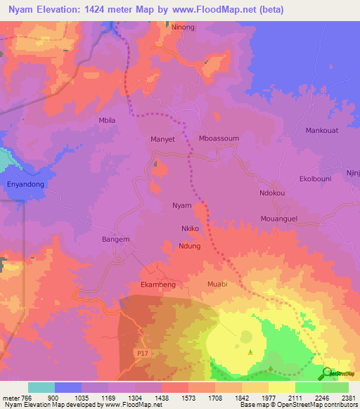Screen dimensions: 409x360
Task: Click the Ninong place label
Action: coord(183,27)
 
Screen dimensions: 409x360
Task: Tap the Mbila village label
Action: coord(107,120)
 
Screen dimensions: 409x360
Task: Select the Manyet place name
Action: coord(162,139)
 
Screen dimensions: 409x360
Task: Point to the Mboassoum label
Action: coord(219,138)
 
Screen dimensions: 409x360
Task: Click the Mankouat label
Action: coord(323,131)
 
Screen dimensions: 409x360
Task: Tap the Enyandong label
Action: coord(26,184)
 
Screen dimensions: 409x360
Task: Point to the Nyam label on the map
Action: coord(182,206)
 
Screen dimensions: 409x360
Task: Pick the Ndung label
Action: coord(190,246)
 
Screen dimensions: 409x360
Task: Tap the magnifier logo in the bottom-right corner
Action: coord(326,374)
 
